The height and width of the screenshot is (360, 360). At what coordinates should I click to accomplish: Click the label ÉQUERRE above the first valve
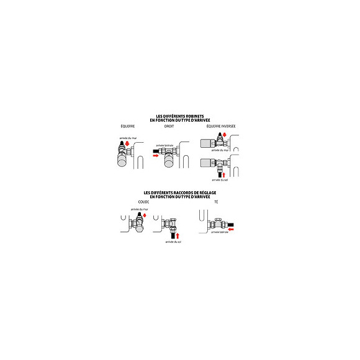(128, 126)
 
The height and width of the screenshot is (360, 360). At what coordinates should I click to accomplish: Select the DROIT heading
(169, 126)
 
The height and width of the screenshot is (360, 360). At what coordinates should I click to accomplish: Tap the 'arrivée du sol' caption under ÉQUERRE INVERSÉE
(220, 181)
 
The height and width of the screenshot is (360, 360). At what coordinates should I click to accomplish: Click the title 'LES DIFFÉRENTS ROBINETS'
(180, 115)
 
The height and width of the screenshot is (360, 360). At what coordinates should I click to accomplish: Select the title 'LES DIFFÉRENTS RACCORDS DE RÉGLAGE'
(180, 192)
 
